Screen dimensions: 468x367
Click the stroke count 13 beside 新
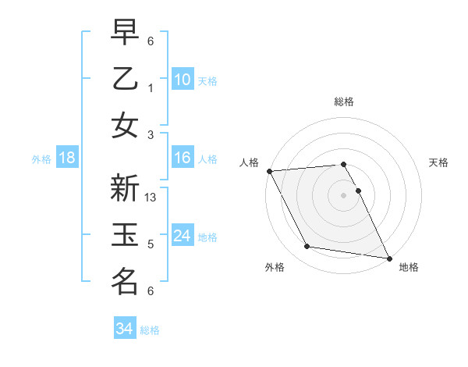pyautogui.click(x=151, y=198)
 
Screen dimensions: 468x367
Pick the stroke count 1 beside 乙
pyautogui.click(x=151, y=87)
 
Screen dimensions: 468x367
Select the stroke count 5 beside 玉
pyautogui.click(x=151, y=244)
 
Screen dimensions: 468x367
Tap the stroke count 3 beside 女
pyautogui.click(x=151, y=134)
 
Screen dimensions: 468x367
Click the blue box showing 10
pyautogui.click(x=182, y=79)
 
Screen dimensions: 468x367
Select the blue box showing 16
pyautogui.click(x=182, y=158)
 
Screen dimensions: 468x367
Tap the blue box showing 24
pyautogui.click(x=182, y=236)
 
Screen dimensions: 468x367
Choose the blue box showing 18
pyautogui.click(x=67, y=158)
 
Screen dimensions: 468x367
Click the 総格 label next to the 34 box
pyautogui.click(x=150, y=330)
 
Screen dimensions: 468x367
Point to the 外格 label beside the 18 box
pyautogui.click(x=41, y=159)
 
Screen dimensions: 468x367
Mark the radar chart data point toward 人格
pyautogui.click(x=269, y=171)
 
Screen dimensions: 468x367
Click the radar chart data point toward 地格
pyautogui.click(x=388, y=257)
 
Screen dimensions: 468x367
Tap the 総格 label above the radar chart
pyautogui.click(x=343, y=102)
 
